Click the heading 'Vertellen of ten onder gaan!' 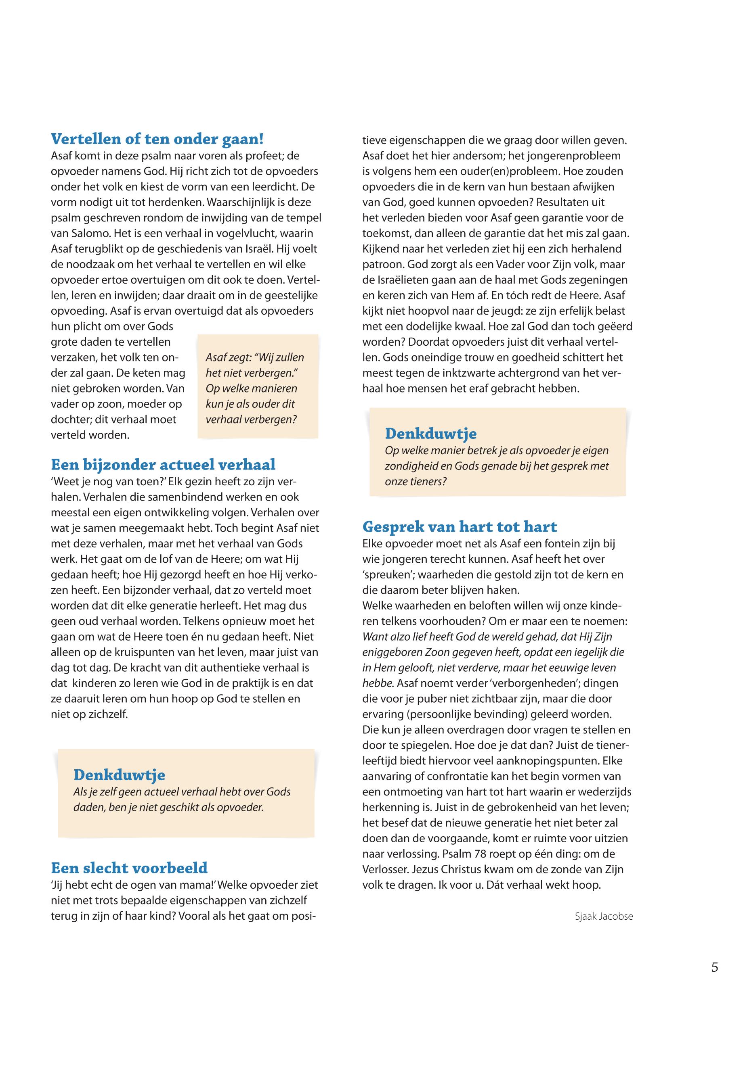(x=157, y=138)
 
